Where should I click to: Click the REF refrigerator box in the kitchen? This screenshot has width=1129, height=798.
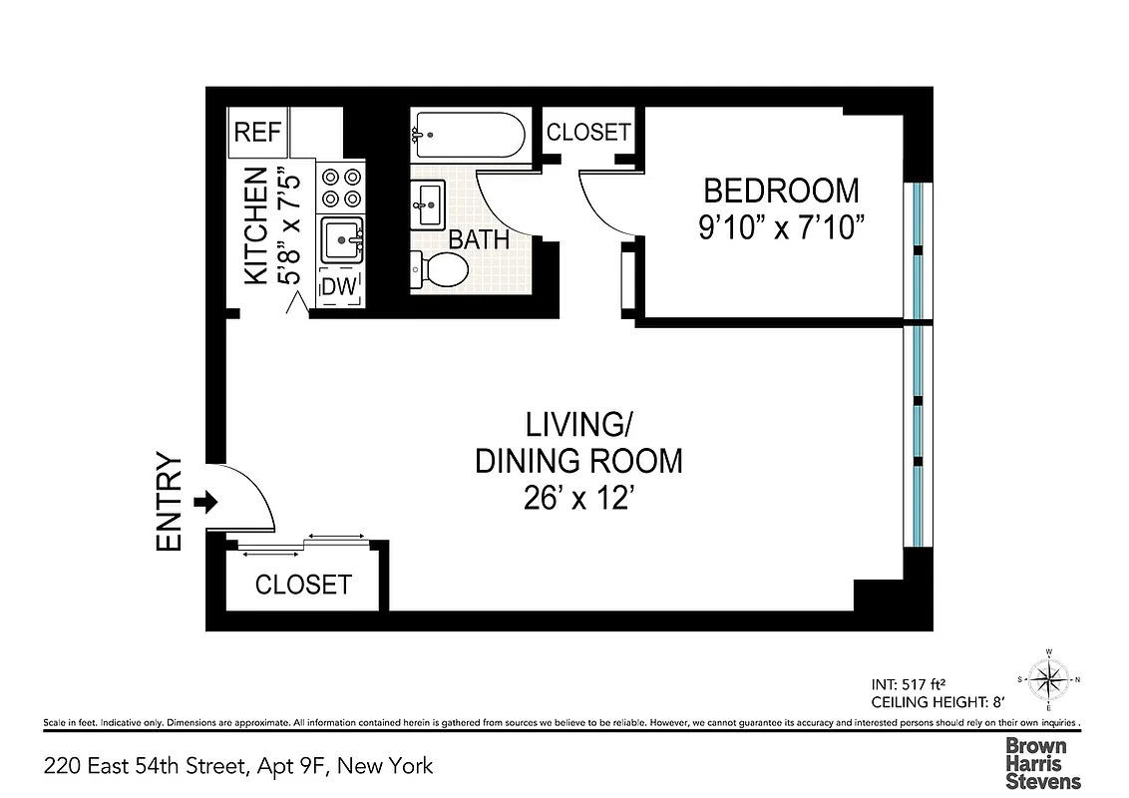[258, 133]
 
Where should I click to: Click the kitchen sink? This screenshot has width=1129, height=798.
[342, 240]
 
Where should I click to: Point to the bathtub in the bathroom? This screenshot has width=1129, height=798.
[469, 136]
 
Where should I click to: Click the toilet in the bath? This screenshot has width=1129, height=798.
[439, 269]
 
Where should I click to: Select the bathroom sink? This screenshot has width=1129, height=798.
[429, 205]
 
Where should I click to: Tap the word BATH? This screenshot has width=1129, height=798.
[479, 240]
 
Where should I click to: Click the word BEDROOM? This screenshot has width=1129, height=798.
[781, 190]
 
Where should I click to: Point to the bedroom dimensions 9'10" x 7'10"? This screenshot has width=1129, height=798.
[781, 226]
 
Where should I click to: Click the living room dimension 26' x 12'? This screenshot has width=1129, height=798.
[579, 496]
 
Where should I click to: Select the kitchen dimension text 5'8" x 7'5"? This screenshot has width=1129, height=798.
[287, 226]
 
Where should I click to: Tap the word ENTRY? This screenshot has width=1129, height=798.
[171, 503]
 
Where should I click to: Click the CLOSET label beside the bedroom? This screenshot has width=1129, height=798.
[588, 132]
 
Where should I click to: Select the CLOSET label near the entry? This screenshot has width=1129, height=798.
[303, 585]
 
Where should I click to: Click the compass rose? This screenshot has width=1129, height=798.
[1048, 681]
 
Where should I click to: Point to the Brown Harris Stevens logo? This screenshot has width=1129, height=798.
[1042, 763]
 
